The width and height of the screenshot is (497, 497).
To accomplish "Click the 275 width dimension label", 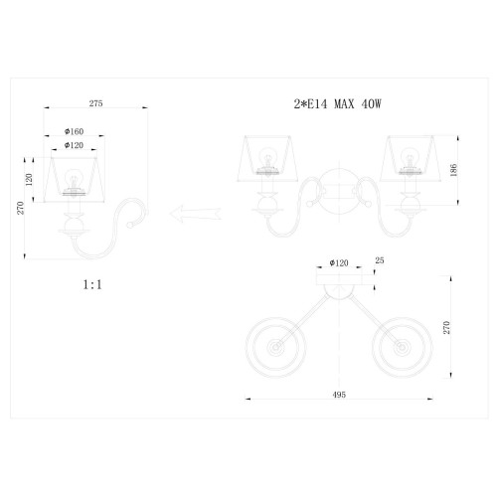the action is tap(95, 103).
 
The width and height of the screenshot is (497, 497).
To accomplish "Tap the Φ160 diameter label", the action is tap(74, 131).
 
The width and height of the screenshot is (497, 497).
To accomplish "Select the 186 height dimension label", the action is tap(453, 170).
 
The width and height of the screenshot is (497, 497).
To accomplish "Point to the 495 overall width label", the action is tap(339, 395).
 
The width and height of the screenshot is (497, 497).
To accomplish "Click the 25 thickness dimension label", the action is tap(380, 260).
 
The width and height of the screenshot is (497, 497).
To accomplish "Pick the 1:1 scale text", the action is tap(92, 284).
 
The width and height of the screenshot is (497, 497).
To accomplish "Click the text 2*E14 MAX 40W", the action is tap(338, 104).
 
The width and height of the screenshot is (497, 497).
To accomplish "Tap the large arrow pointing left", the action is tap(196, 213).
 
